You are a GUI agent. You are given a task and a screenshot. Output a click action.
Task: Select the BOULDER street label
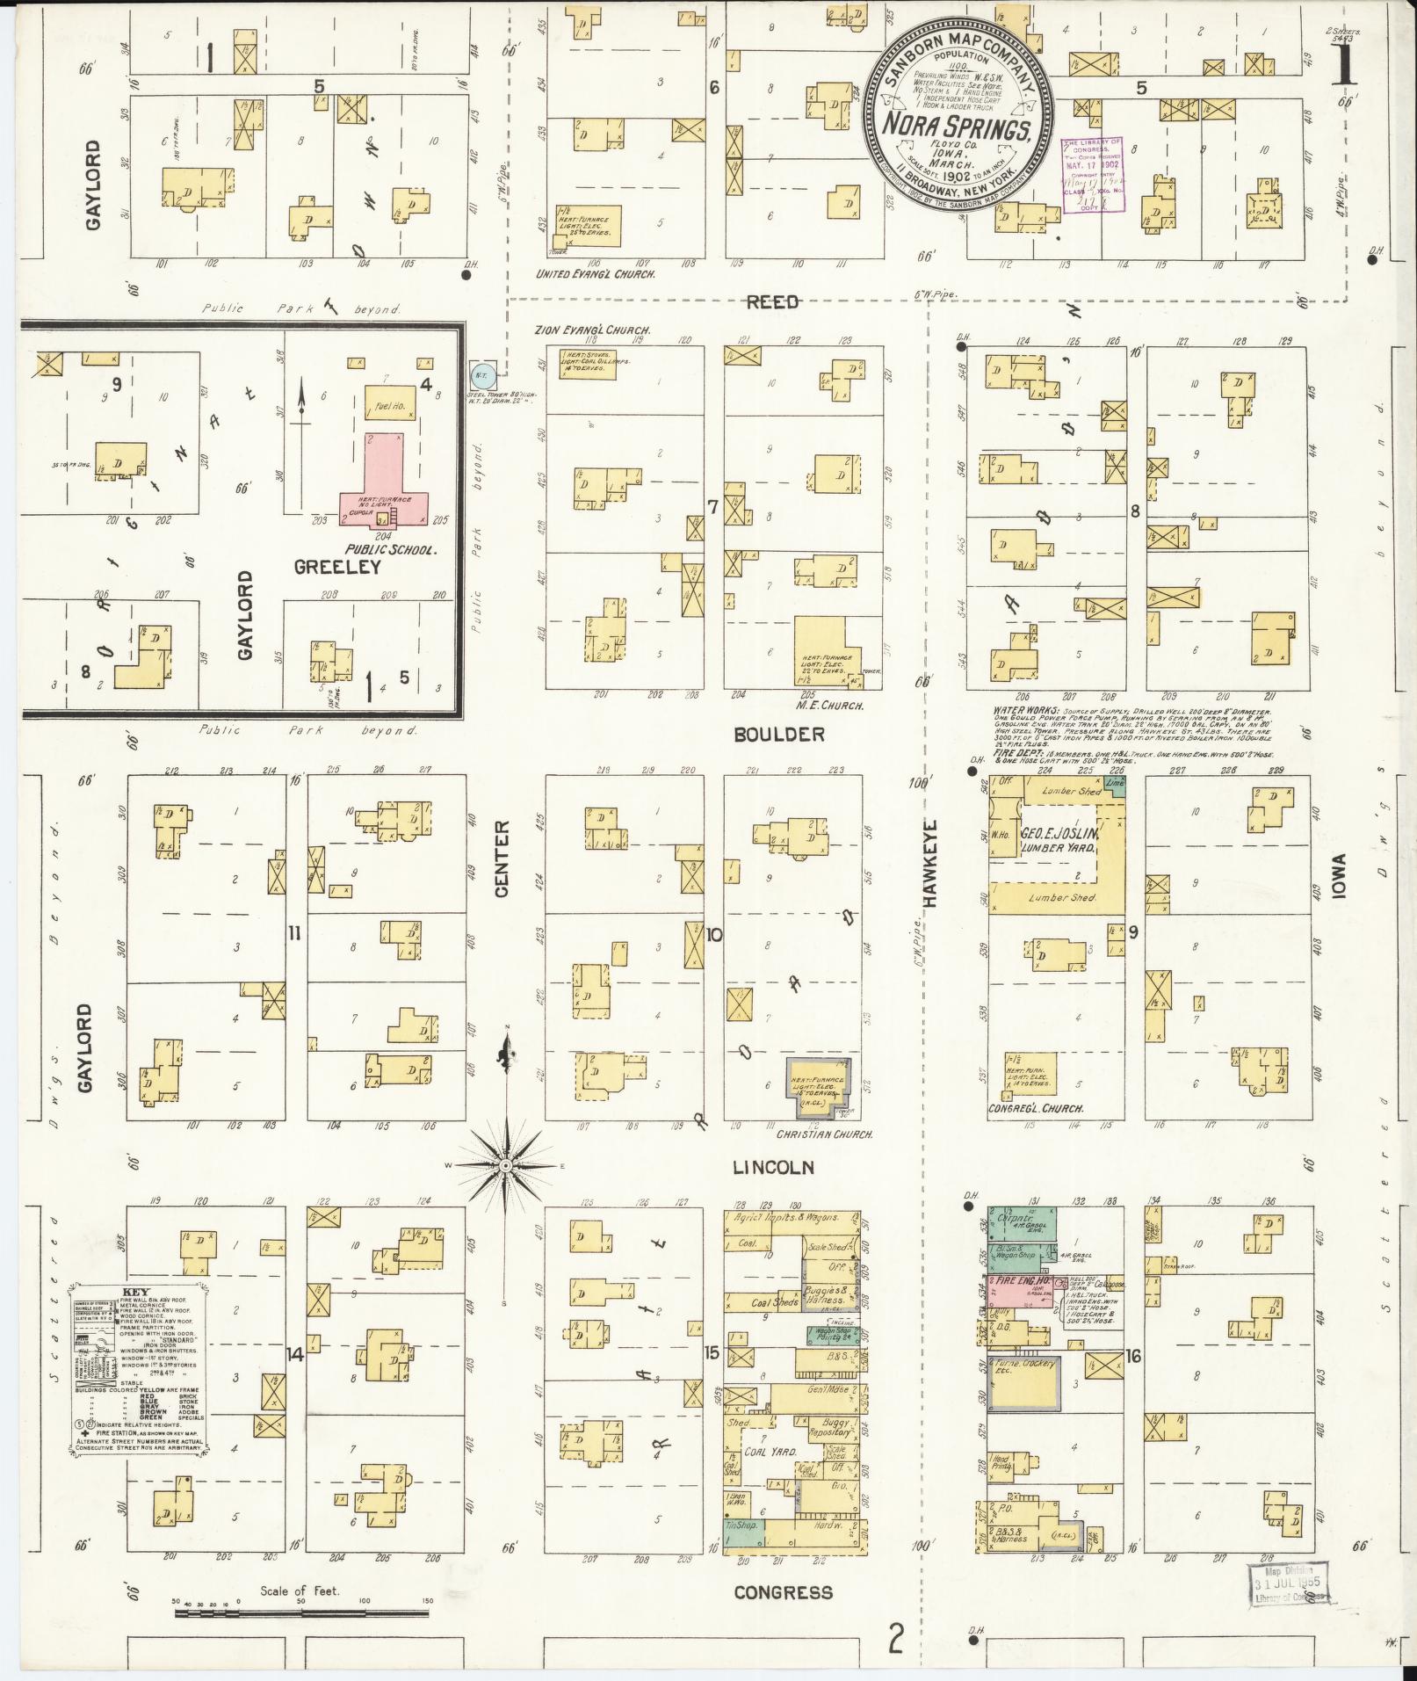tap(780, 735)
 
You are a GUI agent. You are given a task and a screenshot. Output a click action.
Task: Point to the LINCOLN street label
tap(773, 1168)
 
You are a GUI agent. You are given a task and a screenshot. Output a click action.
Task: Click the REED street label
tap(773, 302)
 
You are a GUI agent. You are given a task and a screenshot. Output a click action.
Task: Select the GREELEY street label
tap(338, 567)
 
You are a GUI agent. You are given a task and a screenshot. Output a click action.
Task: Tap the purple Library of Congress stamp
tap(1091, 174)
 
